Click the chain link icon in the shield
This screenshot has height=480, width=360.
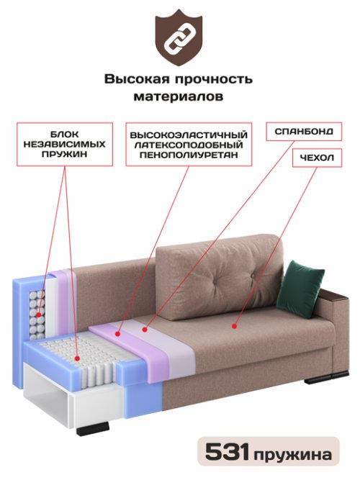[179, 38]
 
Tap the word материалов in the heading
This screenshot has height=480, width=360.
[179, 96]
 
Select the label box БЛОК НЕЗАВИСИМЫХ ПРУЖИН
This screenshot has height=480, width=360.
[65, 144]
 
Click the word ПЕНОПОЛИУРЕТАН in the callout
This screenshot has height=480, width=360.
[189, 155]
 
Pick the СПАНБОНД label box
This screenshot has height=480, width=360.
[304, 132]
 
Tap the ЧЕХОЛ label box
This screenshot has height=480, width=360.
[317, 158]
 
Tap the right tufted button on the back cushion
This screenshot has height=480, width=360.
[253, 276]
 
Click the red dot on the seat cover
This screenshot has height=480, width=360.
[235, 326]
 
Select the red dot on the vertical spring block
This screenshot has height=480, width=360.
[39, 314]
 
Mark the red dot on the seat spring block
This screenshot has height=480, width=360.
[77, 358]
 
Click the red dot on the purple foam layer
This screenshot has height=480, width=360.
[117, 333]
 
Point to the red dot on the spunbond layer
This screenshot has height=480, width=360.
[145, 330]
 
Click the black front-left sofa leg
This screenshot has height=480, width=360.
[93, 429]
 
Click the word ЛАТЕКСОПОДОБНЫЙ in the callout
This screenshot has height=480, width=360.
[189, 145]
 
